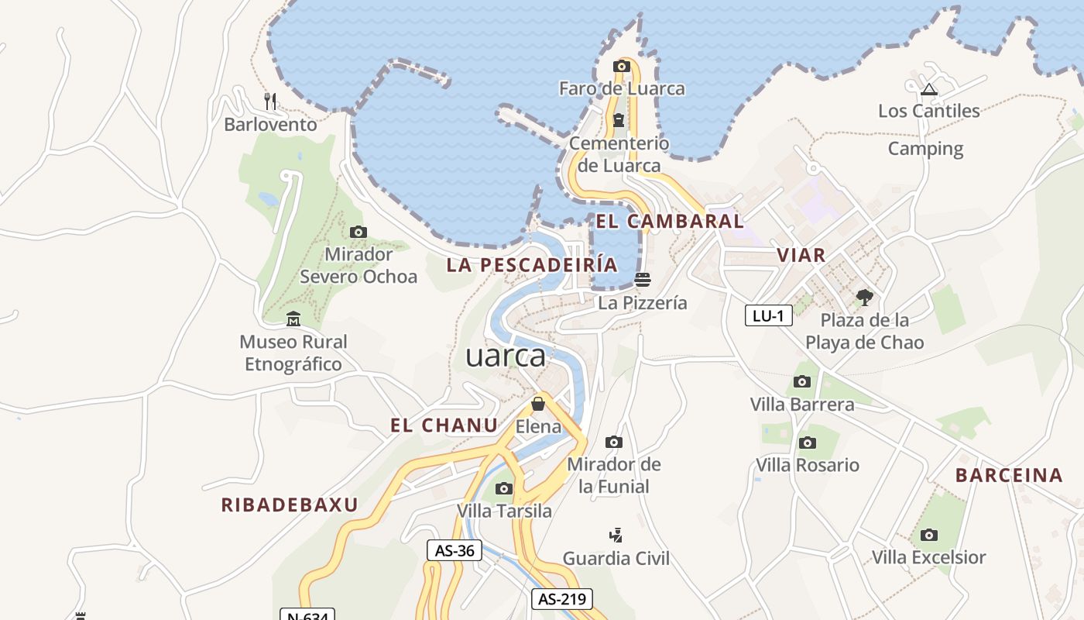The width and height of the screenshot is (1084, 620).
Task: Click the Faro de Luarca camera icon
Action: [621, 67]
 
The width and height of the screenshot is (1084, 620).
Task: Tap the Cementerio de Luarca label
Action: [619, 154]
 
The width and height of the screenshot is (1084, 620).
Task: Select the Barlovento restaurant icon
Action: [270, 101]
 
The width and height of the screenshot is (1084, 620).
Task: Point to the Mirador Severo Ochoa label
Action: [358, 265]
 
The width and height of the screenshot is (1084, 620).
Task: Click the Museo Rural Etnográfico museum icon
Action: [293, 319]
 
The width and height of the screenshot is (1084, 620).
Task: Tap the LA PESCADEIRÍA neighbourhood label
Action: [532, 265]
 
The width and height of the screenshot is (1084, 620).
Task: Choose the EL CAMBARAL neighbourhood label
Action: [669, 222]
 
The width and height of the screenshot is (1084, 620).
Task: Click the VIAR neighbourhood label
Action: [801, 255]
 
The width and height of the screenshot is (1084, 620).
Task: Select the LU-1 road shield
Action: [768, 315]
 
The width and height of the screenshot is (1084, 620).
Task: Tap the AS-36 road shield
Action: [455, 551]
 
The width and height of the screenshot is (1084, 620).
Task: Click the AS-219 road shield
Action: [562, 599]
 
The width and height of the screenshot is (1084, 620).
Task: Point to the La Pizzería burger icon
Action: [642, 279]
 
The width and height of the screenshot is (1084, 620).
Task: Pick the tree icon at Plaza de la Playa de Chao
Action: [864, 297]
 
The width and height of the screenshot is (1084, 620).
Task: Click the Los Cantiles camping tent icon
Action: [929, 88]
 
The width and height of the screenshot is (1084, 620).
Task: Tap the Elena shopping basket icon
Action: [538, 404]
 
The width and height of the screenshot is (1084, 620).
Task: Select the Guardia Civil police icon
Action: [616, 535]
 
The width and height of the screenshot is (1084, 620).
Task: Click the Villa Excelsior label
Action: [928, 557]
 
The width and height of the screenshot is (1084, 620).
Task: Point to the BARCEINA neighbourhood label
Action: [1008, 476]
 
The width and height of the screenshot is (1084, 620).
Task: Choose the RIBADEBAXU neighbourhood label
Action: [290, 505]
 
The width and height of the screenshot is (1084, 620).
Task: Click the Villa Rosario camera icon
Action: [808, 443]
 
